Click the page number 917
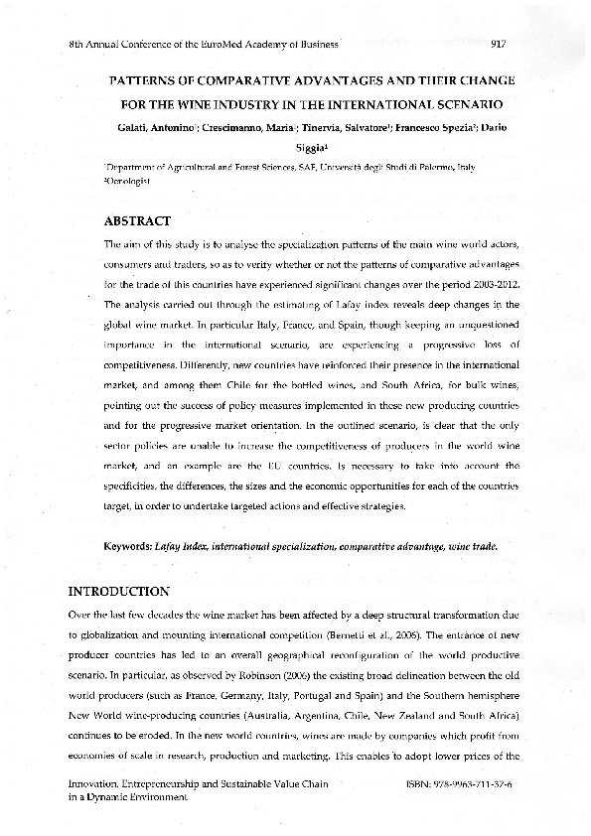[x=500, y=44]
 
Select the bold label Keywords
[x=127, y=547]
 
